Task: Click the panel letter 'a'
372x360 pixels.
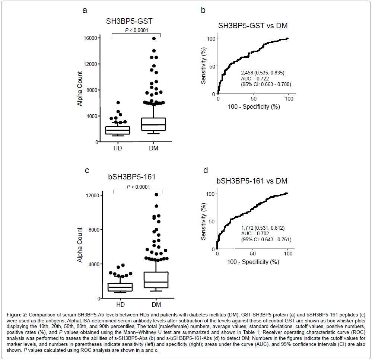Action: (85, 10)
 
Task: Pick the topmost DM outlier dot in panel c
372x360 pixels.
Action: (156, 195)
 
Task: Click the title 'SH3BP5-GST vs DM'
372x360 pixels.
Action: (253, 26)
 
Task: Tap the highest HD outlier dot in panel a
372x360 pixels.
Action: (118, 102)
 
